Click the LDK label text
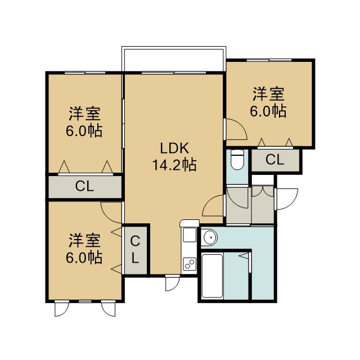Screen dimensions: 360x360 point(174,148)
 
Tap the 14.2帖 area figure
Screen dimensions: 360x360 point(174,165)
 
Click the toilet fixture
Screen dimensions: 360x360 point(237,160)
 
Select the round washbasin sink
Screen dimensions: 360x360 point(210,237)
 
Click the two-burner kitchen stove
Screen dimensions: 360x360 point(190,264)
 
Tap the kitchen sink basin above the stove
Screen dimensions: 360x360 point(190,235)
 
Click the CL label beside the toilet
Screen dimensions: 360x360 point(275,159)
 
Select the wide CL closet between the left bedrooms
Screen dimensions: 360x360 point(85,186)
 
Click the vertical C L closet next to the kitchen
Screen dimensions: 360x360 point(135,250)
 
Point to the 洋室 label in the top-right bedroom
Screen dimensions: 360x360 point(269,94)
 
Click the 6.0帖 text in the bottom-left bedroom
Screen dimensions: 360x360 point(84,258)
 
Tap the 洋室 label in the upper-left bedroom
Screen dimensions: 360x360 point(85,114)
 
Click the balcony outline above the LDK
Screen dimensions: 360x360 point(174,48)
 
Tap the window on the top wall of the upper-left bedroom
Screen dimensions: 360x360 point(85,73)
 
